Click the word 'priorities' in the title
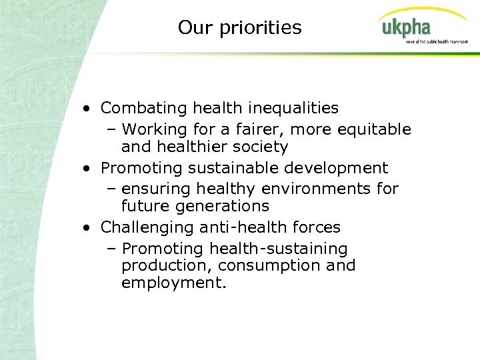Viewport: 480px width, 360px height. click(266, 28)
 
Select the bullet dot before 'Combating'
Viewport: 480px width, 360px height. click(88, 108)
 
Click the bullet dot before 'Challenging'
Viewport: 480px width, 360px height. click(88, 227)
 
